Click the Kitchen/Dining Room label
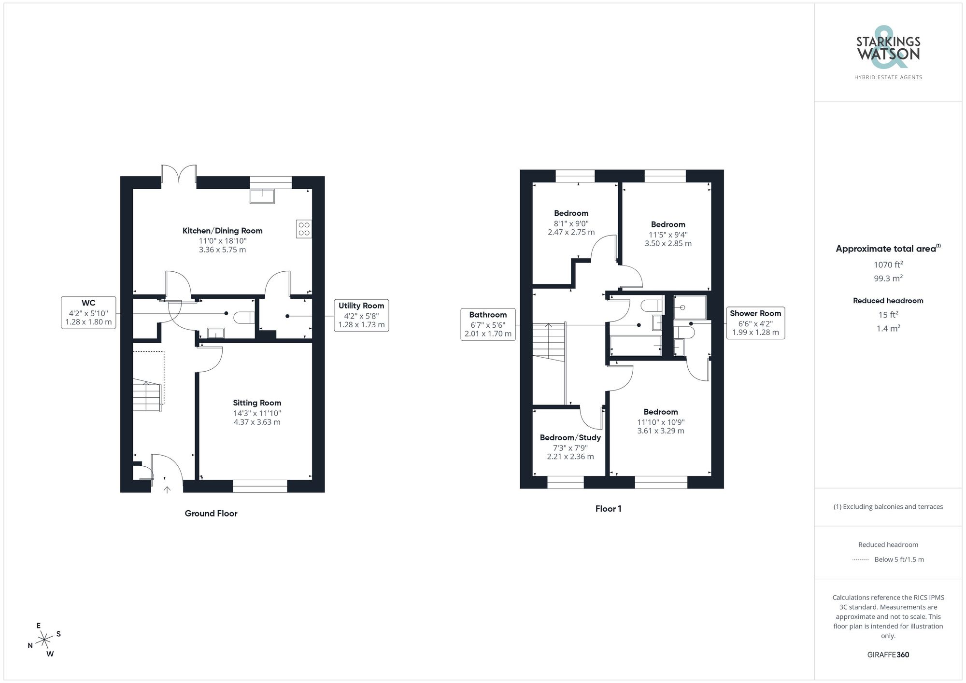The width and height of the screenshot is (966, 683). coord(222,231)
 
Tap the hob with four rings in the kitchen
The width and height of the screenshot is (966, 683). coord(304,229)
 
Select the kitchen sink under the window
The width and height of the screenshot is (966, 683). coord(262,196)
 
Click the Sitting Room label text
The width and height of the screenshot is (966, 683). coord(257,403)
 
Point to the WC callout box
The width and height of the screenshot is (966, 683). coord(88,312)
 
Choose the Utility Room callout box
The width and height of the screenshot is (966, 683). coord(361,315)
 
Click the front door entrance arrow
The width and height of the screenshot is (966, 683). coord(167,489)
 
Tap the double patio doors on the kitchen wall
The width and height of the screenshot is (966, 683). coord(179,174)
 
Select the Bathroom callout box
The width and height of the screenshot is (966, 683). coord(488,324)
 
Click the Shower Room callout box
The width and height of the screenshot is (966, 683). coord(755,322)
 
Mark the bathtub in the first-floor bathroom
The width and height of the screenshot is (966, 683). coord(635,346)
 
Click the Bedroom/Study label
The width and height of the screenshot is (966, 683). coord(570,438)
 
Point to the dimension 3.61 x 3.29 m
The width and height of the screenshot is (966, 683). coord(660,431)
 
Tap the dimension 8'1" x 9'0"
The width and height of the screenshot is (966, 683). coord(571,223)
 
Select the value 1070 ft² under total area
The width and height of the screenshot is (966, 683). coord(888,265)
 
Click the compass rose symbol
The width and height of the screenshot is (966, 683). coord(44,640)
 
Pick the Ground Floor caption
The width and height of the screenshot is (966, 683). coord(211,514)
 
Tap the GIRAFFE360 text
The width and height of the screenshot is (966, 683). coord(888,655)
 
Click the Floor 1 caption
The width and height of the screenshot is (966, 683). coord(608,509)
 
